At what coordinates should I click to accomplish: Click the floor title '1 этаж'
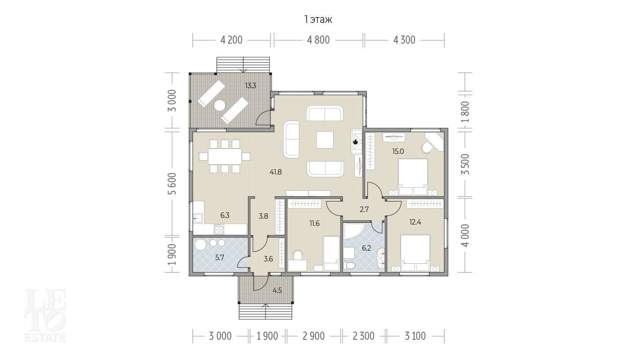tap(318, 20)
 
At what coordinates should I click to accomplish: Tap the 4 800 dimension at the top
tap(318, 40)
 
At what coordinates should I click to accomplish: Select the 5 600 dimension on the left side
tap(172, 184)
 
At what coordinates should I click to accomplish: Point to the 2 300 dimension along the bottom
tap(363, 336)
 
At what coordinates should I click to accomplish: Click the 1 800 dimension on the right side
tap(465, 112)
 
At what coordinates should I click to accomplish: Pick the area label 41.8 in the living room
tap(276, 172)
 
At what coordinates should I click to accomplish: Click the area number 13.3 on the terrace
tap(251, 85)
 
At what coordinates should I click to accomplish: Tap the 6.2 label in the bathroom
tap(366, 248)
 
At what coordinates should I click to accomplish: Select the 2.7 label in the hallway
tap(364, 210)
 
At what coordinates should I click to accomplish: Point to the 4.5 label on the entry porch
tap(277, 290)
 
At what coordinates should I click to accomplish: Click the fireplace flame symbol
tap(355, 141)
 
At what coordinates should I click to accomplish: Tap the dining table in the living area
tap(225, 156)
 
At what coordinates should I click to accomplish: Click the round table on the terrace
tap(220, 105)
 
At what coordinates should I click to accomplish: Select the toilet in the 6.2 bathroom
tap(349, 265)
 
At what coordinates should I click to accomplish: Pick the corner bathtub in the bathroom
tap(354, 231)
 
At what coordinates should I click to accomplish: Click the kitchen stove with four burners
tap(219, 229)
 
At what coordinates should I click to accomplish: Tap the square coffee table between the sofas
tap(325, 139)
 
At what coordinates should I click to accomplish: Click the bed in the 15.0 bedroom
tap(413, 176)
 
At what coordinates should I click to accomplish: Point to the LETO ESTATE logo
tap(45, 315)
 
